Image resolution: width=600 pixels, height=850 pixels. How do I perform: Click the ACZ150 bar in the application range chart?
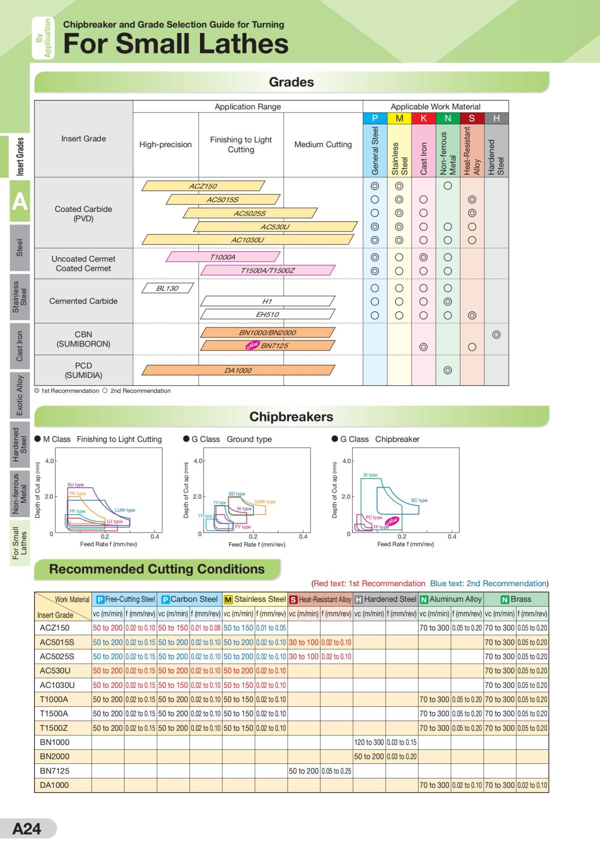click(x=203, y=186)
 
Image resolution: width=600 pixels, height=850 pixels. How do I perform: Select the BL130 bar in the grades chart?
click(x=167, y=288)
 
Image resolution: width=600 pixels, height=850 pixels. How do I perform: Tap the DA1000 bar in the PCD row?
click(x=238, y=370)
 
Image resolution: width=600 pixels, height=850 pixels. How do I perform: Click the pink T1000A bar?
click(x=222, y=257)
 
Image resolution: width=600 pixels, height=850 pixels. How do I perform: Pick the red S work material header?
click(x=472, y=118)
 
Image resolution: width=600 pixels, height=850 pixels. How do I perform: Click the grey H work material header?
click(x=496, y=118)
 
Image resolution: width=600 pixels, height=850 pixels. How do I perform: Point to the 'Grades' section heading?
click(x=291, y=82)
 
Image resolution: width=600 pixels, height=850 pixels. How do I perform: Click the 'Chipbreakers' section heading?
click(x=291, y=416)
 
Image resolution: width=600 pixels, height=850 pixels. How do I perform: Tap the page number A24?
click(x=27, y=828)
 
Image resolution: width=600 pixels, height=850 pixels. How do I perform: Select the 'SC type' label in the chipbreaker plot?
click(x=419, y=500)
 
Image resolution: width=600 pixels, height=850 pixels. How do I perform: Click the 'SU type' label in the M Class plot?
click(x=75, y=485)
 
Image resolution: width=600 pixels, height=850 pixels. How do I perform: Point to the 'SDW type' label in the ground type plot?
click(x=265, y=502)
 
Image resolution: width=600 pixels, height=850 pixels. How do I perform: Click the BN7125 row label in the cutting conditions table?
click(x=55, y=771)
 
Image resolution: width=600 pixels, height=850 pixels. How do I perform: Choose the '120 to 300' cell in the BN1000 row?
click(x=369, y=742)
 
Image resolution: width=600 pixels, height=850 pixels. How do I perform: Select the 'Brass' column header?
click(x=520, y=599)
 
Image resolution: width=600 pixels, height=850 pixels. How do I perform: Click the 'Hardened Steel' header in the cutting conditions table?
click(x=385, y=599)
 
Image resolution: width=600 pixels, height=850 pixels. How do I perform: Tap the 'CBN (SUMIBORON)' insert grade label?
click(x=83, y=339)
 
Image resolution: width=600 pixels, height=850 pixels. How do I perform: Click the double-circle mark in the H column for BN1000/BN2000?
click(x=496, y=334)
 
